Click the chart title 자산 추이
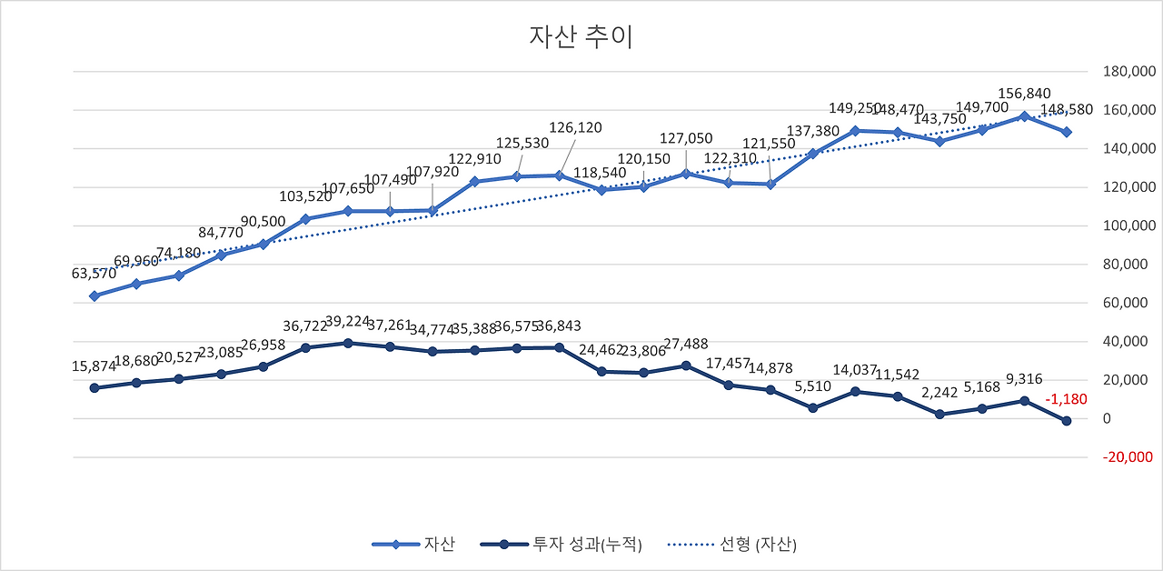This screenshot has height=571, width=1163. point(581,37)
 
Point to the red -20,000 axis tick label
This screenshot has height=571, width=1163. point(1128,457)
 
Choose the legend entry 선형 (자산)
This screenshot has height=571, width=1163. point(733,545)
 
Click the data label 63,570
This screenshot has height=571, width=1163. point(94,273)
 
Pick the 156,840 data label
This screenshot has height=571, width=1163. point(1024,94)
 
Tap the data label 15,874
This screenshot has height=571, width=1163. point(94,366)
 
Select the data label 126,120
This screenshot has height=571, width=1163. point(575,128)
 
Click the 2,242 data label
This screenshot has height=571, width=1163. point(939,393)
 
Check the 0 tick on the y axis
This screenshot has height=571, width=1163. point(1105,419)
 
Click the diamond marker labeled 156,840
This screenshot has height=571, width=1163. point(1024,116)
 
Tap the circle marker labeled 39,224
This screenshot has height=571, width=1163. point(347,343)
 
